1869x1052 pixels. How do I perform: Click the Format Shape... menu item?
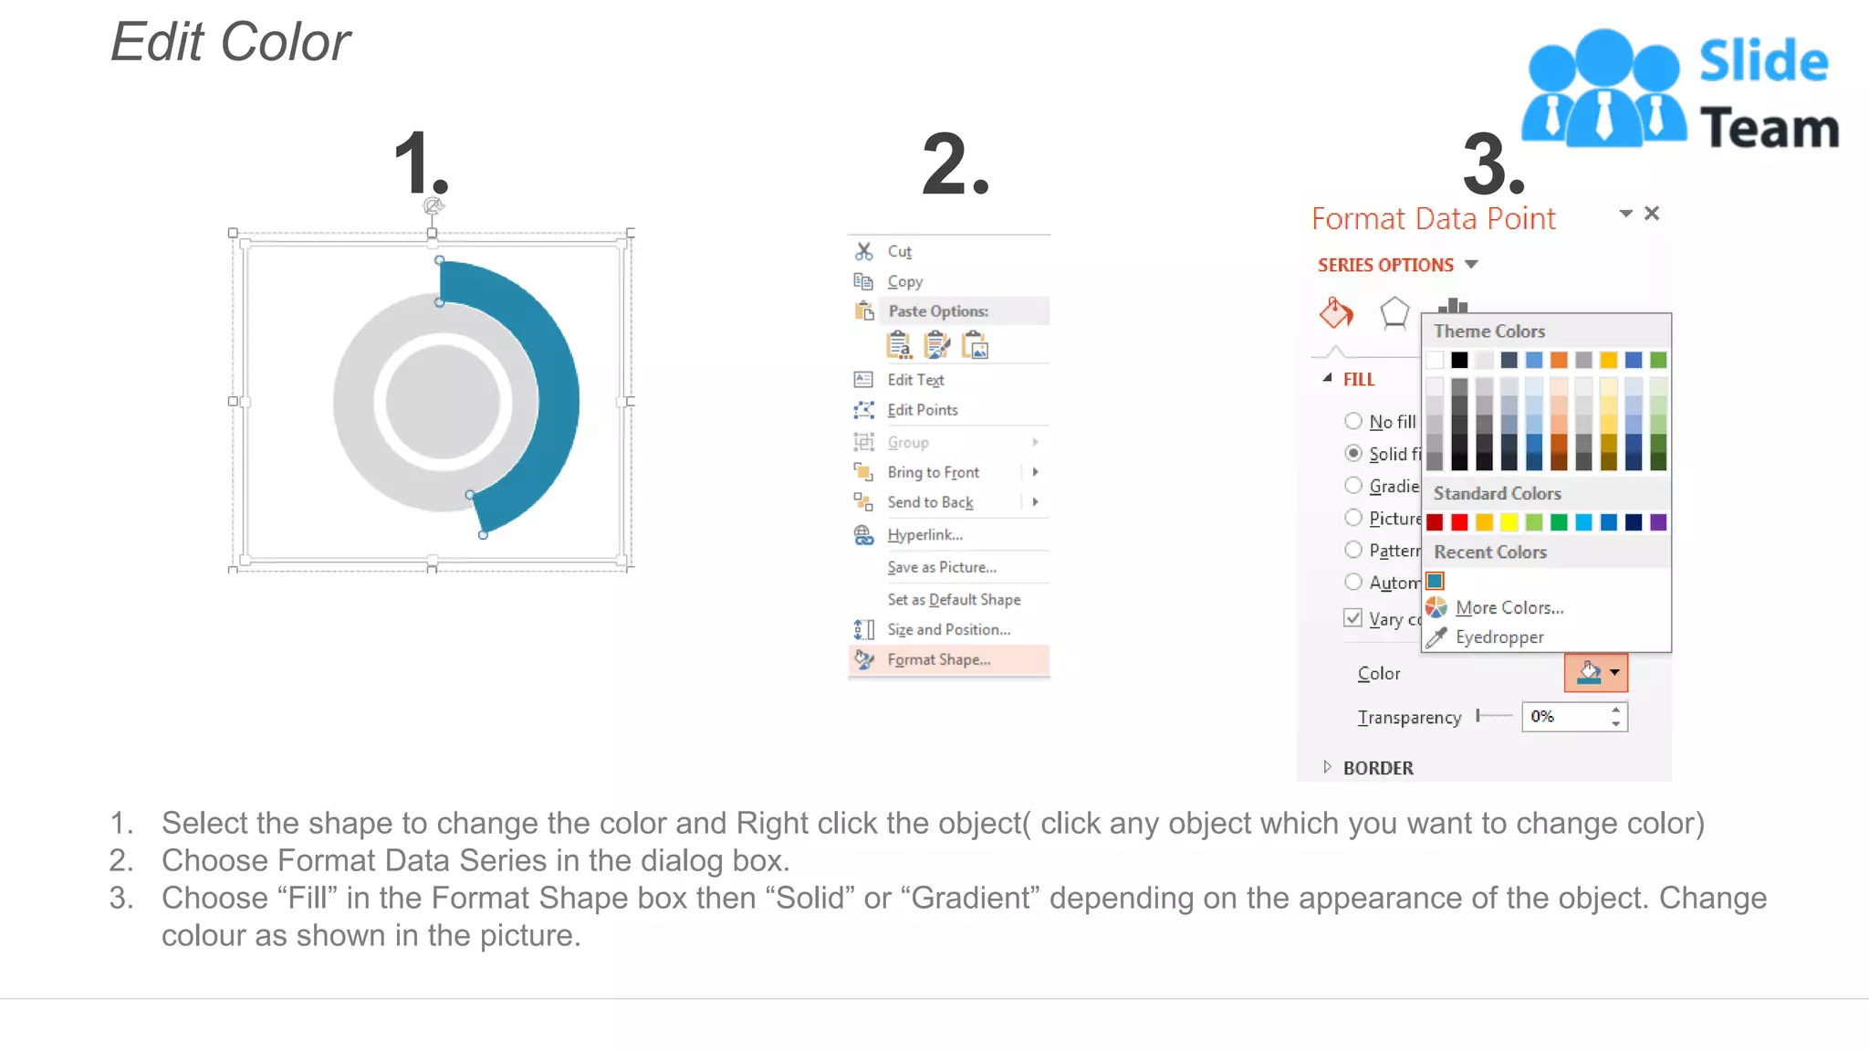[x=938, y=659]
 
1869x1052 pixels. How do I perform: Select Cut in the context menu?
[x=899, y=251]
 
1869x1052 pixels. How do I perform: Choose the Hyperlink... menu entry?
[x=924, y=535]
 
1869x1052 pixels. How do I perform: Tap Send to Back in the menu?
[x=930, y=502]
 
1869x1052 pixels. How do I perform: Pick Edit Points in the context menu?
[x=922, y=410]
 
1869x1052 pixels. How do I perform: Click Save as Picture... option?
[x=942, y=567]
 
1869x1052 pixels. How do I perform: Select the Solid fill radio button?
[x=1353, y=453]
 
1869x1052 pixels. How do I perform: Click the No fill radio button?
[x=1353, y=421]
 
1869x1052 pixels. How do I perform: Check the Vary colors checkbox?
[x=1353, y=617]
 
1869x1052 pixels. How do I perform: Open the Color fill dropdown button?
[x=1614, y=673]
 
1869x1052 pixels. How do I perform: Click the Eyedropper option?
[x=1498, y=637]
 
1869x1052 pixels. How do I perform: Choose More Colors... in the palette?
[x=1509, y=608]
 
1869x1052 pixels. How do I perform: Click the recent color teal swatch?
[x=1436, y=581]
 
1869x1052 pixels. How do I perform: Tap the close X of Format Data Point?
[x=1652, y=214]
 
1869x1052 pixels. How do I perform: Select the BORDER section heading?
[x=1377, y=768]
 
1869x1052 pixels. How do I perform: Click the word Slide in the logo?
[x=1763, y=62]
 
